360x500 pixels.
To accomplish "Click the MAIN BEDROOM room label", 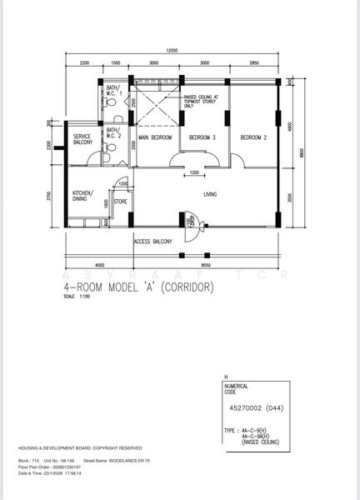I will pos(155,137).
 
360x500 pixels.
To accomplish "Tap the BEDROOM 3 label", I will pos(202,137).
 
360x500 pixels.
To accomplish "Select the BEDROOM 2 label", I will pos(253,137).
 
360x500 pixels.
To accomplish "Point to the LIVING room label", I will pos(210,195).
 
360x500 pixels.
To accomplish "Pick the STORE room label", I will pos(121,200).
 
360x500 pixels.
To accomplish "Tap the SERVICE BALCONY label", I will pos(83,140).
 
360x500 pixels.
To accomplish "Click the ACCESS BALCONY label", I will pos(152,242).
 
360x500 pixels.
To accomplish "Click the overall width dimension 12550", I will pos(172,51).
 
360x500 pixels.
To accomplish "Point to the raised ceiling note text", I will pos(201,101).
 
